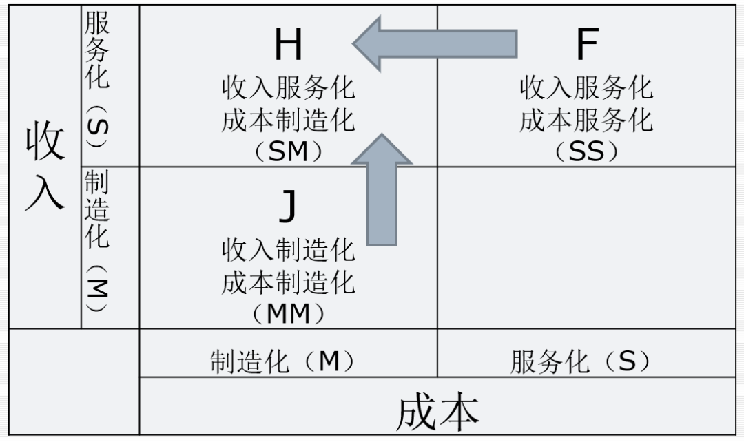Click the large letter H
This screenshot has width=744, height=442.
coord(288,45)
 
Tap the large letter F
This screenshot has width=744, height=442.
coord(586,45)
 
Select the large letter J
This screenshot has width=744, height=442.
coord(288,207)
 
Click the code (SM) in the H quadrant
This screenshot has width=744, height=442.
coord(288,151)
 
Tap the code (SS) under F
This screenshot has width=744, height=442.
coord(586,151)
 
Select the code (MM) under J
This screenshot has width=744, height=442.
coord(288,314)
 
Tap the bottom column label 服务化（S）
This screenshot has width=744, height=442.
coord(581,361)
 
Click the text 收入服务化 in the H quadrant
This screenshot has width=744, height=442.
coord(288,88)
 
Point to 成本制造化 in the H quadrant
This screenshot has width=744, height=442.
coord(288,120)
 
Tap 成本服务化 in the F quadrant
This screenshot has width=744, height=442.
coord(586,120)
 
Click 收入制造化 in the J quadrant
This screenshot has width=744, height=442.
coord(288,250)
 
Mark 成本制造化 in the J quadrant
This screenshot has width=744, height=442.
coord(288,282)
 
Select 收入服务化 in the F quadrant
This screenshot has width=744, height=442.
coord(586,88)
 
